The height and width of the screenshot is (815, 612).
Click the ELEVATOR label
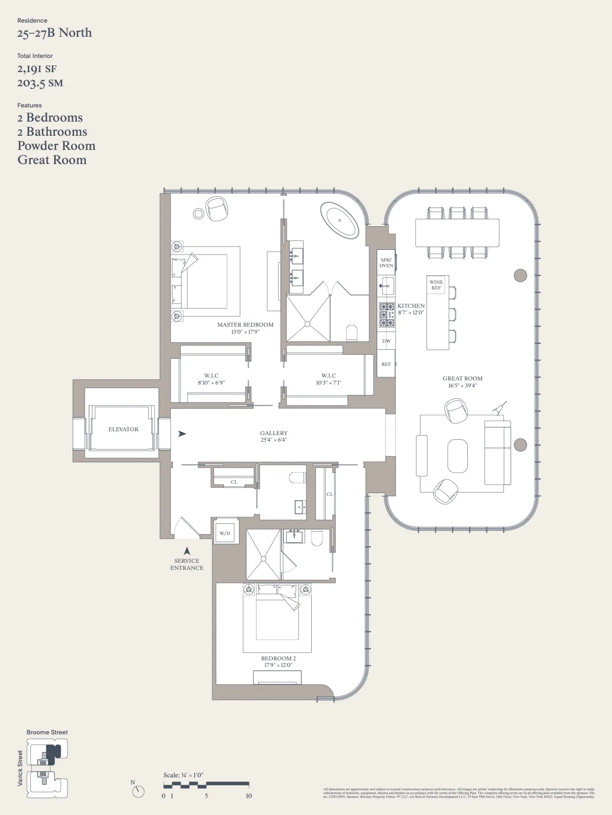pyautogui.click(x=123, y=429)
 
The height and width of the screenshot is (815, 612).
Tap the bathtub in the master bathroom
pyautogui.click(x=339, y=220)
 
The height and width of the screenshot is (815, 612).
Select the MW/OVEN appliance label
pyautogui.click(x=386, y=263)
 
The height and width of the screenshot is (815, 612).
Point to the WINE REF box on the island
pyautogui.click(x=436, y=285)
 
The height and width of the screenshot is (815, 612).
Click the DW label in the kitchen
pyautogui.click(x=386, y=341)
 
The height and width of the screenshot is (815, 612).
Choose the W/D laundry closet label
pyautogui.click(x=225, y=534)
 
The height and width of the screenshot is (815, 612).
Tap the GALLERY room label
pyautogui.click(x=273, y=433)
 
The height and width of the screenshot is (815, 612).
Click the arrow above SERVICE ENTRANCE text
pyautogui.click(x=187, y=551)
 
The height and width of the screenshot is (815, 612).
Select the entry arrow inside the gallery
pyautogui.click(x=182, y=434)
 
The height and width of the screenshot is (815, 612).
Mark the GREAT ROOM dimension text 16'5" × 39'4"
pyautogui.click(x=463, y=386)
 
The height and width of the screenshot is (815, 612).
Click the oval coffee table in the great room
pyautogui.click(x=457, y=456)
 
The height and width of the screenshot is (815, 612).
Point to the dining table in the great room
pyautogui.click(x=457, y=233)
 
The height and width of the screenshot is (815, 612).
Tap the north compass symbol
pyautogui.click(x=138, y=791)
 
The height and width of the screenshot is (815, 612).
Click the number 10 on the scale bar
pyautogui.click(x=248, y=796)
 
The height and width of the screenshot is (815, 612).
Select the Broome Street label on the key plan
pyautogui.click(x=47, y=733)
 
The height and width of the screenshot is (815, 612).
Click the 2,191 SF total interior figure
pyautogui.click(x=37, y=69)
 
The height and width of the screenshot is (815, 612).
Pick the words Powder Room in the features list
pyautogui.click(x=57, y=146)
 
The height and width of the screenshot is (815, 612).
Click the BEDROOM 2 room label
pyautogui.click(x=278, y=659)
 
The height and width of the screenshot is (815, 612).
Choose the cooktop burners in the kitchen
pyautogui.click(x=387, y=314)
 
